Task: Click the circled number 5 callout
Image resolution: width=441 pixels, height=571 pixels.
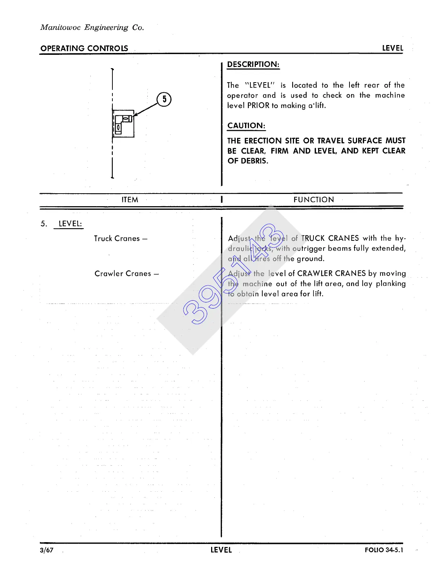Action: (164, 99)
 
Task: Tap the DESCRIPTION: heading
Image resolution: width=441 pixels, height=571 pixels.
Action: (253, 65)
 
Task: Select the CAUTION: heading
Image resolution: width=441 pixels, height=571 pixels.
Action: (246, 126)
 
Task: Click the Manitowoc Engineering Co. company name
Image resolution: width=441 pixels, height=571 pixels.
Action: (92, 27)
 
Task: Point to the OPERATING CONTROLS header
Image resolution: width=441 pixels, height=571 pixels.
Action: (84, 48)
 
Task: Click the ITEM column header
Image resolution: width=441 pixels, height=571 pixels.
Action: (130, 200)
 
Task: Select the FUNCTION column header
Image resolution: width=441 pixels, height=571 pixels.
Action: (313, 200)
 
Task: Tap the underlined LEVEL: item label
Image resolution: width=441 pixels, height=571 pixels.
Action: (70, 223)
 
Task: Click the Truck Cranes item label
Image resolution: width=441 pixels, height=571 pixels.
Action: (120, 239)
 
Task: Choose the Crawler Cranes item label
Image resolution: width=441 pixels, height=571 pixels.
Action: (126, 274)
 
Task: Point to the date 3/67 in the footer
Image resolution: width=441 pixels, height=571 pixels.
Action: (47, 550)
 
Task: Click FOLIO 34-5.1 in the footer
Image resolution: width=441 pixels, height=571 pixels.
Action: (384, 550)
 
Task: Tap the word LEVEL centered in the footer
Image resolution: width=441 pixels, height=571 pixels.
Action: (221, 550)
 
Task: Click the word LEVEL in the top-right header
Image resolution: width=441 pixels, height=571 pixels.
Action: (392, 48)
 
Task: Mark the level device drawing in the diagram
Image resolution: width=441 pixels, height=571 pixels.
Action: (123, 124)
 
